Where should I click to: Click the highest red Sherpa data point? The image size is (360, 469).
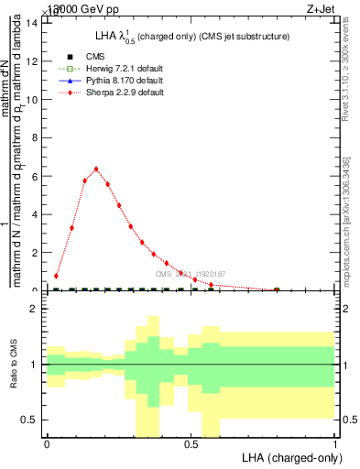(x=96, y=169)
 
